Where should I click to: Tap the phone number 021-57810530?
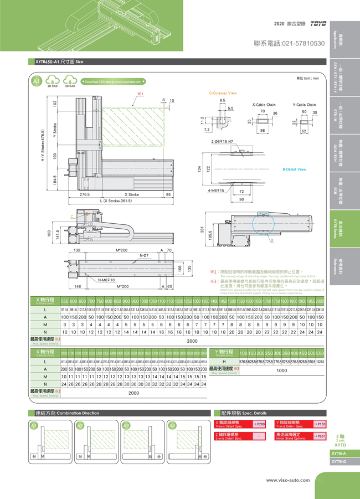289,43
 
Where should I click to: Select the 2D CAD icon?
53,82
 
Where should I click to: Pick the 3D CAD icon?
70,82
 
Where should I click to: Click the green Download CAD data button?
114,81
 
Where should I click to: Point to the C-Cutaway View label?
223,94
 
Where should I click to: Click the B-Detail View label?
294,169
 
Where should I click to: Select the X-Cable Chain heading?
264,104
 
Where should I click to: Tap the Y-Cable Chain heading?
304,104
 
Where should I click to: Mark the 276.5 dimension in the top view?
85,194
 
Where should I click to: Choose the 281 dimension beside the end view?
203,228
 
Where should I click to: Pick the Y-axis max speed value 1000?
281,371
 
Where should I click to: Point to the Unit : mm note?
308,78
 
